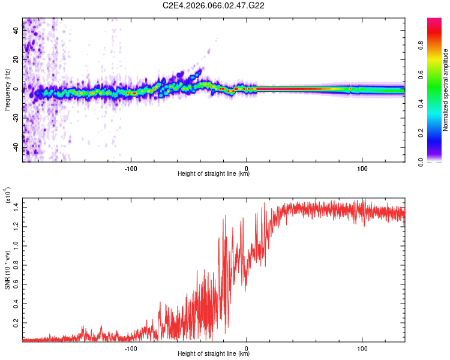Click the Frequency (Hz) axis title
click(x=7, y=90)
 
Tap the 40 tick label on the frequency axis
click(x=16, y=31)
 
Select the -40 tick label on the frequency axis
click(x=16, y=147)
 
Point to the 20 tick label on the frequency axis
click(x=16, y=60)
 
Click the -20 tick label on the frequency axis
click(x=16, y=118)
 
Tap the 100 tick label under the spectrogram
click(x=362, y=167)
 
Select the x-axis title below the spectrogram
click(x=214, y=174)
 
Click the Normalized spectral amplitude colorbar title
click(x=446, y=90)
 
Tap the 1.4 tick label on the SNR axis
click(x=16, y=206)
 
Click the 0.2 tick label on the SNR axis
click(x=16, y=322)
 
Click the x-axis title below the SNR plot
click(x=214, y=354)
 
